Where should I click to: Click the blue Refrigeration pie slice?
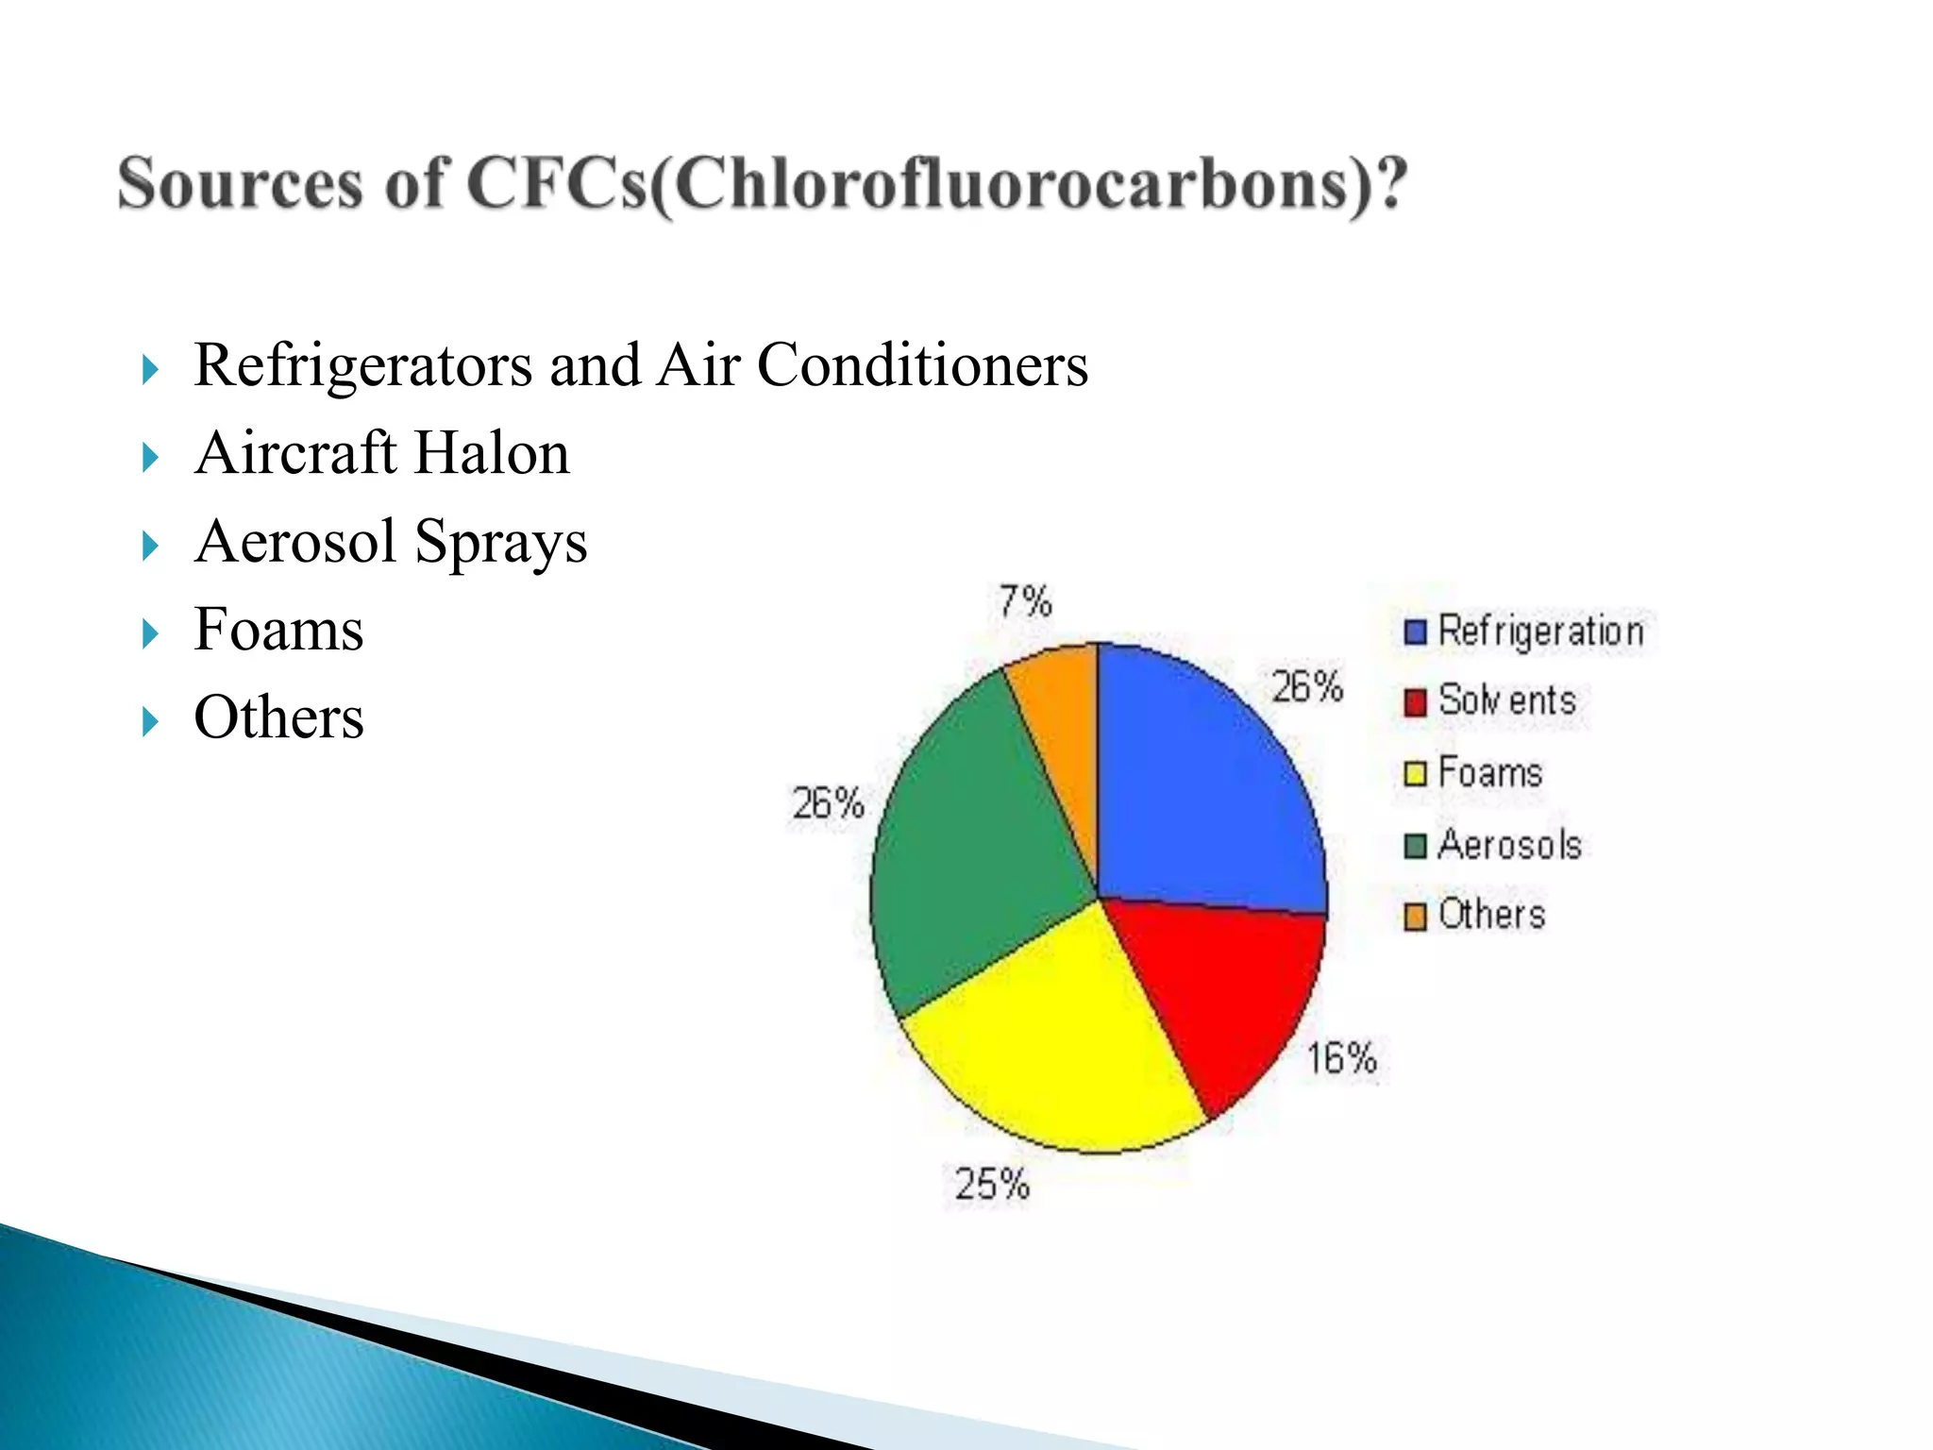point(1199,784)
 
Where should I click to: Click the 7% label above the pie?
point(1025,601)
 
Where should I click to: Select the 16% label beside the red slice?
point(1341,1058)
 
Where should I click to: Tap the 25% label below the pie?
point(991,1184)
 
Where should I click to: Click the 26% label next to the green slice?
point(828,804)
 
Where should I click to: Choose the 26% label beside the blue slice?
point(1306,686)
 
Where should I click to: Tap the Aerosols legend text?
point(1509,845)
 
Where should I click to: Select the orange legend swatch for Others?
point(1415,917)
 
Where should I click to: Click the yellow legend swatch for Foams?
point(1415,774)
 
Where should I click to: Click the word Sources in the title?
point(240,183)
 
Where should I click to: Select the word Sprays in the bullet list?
point(500,543)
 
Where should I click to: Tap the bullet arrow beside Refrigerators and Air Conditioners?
point(150,369)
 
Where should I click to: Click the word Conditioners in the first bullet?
point(922,365)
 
